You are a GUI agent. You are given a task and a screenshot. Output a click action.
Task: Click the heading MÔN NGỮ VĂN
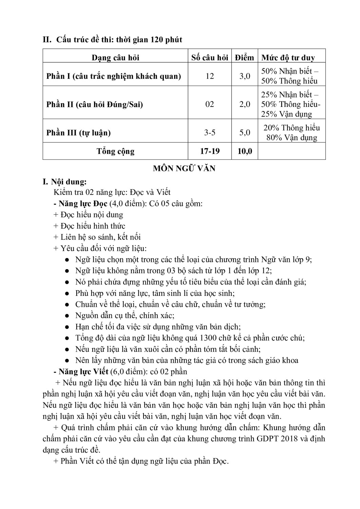[x=184, y=168]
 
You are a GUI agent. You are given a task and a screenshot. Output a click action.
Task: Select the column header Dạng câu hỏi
[x=115, y=58]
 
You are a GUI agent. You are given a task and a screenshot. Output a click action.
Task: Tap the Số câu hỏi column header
[x=210, y=58]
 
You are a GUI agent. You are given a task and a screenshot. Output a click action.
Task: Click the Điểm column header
[x=245, y=58]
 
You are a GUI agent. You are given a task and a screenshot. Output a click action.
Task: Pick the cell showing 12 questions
[x=210, y=76]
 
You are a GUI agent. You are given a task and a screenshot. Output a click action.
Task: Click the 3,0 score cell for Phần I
[x=245, y=76]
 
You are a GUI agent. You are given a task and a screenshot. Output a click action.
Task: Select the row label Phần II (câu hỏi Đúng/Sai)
[x=95, y=104]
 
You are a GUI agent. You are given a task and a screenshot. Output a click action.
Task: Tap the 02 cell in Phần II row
[x=210, y=104]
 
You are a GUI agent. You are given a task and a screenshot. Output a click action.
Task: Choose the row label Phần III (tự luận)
[x=78, y=133]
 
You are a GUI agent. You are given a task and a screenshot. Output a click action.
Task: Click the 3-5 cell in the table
[x=210, y=133]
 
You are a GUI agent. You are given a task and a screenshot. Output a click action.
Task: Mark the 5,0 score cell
[x=245, y=133]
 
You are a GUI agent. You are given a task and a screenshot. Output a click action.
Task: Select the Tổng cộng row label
[x=115, y=151]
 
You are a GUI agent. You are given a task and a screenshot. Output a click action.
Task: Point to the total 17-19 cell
[x=210, y=151]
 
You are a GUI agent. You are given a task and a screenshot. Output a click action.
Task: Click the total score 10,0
[x=245, y=151]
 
